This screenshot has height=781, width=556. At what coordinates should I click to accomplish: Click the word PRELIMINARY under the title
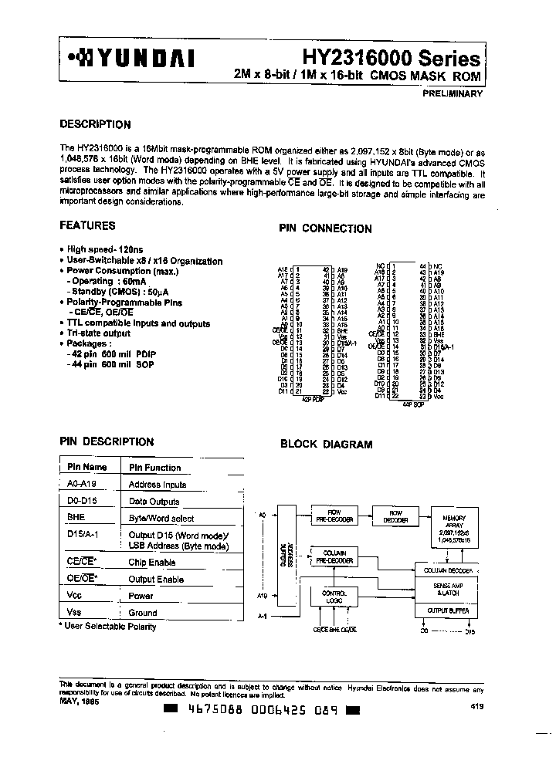pyautogui.click(x=453, y=93)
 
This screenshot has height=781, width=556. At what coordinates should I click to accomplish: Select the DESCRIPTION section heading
pyautogui.click(x=95, y=124)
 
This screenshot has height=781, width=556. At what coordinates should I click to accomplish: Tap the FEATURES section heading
pyautogui.click(x=87, y=225)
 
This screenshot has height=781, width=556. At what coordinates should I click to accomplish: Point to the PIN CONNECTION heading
pyautogui.click(x=324, y=228)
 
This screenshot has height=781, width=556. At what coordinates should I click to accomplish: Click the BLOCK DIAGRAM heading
pyautogui.click(x=326, y=445)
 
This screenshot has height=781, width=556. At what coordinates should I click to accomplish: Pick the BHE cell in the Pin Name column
pyautogui.click(x=76, y=518)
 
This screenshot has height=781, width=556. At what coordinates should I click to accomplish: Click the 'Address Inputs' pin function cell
pyautogui.click(x=157, y=485)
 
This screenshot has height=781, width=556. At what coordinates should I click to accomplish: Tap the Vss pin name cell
pyautogui.click(x=74, y=612)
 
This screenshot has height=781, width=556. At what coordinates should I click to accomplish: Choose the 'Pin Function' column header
pyautogui.click(x=154, y=468)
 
